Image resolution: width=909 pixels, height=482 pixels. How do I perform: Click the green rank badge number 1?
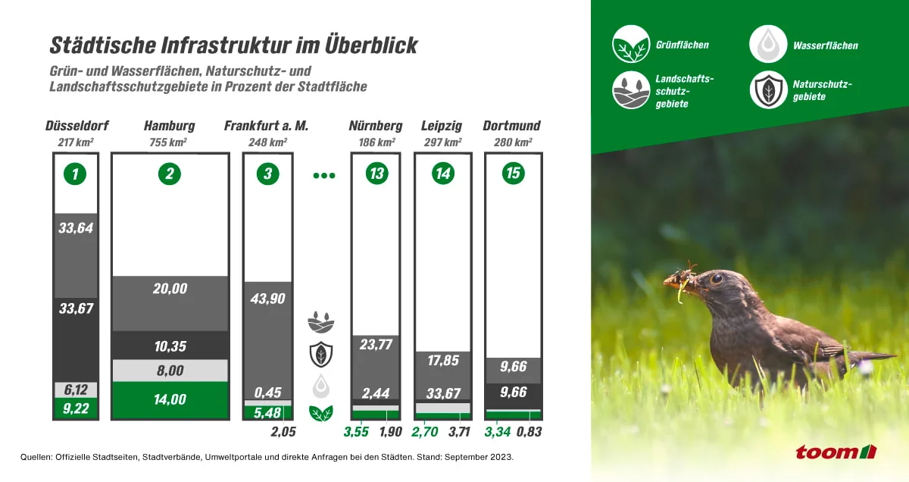pyautogui.click(x=74, y=174)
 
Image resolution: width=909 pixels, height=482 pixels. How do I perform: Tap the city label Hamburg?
pyautogui.click(x=169, y=126)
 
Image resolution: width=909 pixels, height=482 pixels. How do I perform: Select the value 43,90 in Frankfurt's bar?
pyautogui.click(x=267, y=299)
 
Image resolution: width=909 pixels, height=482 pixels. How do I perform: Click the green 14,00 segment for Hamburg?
pyautogui.click(x=170, y=399)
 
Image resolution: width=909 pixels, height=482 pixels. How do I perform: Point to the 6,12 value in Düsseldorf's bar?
pyautogui.click(x=74, y=390)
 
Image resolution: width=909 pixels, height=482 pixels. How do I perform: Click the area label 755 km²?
pyautogui.click(x=169, y=142)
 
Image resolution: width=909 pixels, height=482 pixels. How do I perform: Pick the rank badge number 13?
pyautogui.click(x=376, y=174)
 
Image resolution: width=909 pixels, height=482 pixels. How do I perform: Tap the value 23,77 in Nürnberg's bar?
pyautogui.click(x=376, y=344)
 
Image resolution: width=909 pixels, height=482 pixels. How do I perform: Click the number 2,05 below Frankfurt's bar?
pyautogui.click(x=283, y=432)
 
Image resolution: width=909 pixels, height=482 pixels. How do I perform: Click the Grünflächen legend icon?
pyautogui.click(x=631, y=44)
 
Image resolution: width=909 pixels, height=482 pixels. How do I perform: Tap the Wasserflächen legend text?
pyautogui.click(x=825, y=45)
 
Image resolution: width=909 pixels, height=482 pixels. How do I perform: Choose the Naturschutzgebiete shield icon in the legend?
pyautogui.click(x=768, y=90)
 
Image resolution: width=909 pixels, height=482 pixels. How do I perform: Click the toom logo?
pyautogui.click(x=834, y=452)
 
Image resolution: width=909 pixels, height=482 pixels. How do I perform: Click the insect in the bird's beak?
pyautogui.click(x=686, y=273)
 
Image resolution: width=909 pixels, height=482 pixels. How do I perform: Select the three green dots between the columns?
pyautogui.click(x=323, y=175)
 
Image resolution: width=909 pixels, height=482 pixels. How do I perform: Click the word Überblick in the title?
pyautogui.click(x=367, y=45)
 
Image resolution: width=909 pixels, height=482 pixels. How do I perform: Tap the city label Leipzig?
pyautogui.click(x=442, y=126)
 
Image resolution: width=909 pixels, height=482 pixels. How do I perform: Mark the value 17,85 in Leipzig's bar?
pyautogui.click(x=443, y=361)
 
